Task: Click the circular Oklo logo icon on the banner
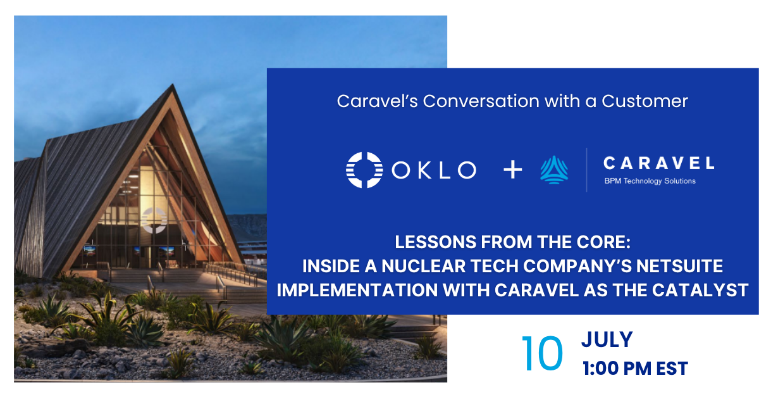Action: coord(364,170)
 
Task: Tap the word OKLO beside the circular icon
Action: coord(434,170)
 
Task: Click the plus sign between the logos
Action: coord(513,169)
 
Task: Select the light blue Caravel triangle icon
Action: coord(554,170)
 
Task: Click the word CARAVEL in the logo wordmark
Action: coord(658,163)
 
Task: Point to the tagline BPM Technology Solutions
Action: coord(650,181)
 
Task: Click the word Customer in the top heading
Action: coord(645,101)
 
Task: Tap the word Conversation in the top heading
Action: coord(481,101)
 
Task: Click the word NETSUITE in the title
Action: coord(679,266)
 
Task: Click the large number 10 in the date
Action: coord(542,353)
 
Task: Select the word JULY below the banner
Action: coord(607,339)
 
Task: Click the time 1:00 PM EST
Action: coord(635,369)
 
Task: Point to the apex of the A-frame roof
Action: coord(173,84)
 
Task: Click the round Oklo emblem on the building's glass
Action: coord(154,220)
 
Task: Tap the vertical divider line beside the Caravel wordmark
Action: coord(586,170)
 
